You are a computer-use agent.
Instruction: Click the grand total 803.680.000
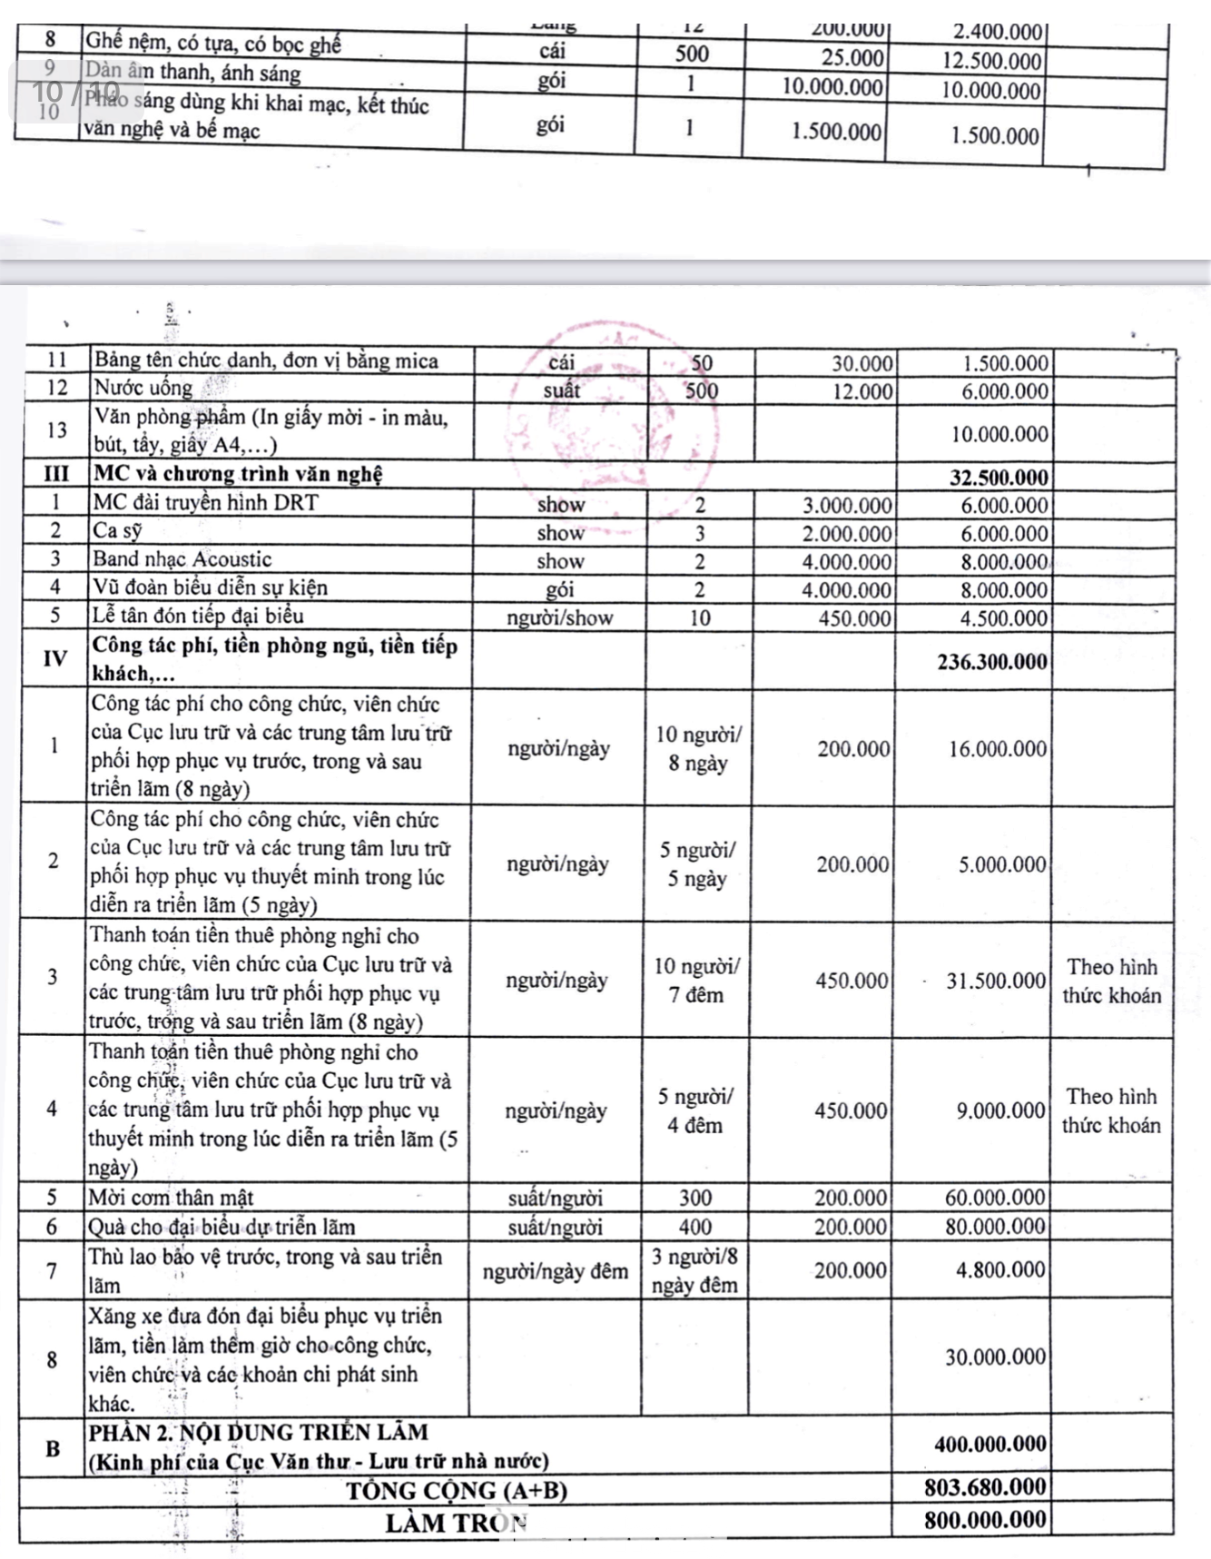tap(985, 1487)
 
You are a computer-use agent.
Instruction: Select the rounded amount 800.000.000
tap(985, 1519)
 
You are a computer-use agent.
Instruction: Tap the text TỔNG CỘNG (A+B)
tap(456, 1490)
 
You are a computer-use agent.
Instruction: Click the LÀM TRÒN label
tap(456, 1522)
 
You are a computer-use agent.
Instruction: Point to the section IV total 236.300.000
tap(991, 662)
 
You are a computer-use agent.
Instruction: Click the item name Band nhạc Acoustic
tap(182, 559)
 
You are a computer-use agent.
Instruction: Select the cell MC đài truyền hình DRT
tap(206, 503)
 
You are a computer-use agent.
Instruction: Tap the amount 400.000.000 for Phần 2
tap(989, 1444)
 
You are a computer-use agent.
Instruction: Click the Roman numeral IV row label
tap(54, 659)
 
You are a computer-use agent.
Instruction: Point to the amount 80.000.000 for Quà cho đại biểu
tap(995, 1227)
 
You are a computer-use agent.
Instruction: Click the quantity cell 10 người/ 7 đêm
tap(696, 981)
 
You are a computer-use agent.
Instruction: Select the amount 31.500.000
tap(996, 981)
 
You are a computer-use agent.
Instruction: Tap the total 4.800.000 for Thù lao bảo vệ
tap(1000, 1269)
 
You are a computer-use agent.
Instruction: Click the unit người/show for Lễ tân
tap(559, 618)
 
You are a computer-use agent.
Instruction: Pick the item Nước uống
tap(143, 389)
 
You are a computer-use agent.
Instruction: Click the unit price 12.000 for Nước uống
tap(862, 391)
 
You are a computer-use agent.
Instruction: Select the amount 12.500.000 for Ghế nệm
tap(991, 62)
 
